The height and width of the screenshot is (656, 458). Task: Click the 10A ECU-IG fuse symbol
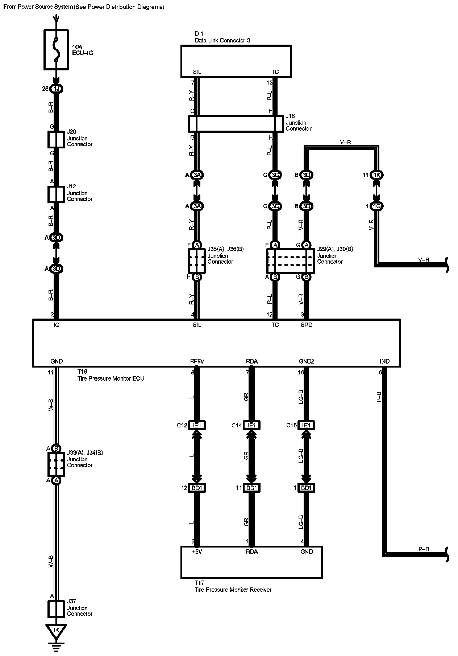point(56,49)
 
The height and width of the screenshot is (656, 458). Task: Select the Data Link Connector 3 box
point(236,61)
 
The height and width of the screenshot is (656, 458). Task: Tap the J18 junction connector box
point(236,124)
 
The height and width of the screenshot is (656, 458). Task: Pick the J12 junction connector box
point(56,194)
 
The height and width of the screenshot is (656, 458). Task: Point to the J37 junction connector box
point(56,609)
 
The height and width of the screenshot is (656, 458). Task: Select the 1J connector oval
point(56,89)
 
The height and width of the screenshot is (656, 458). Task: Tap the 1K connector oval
point(377,175)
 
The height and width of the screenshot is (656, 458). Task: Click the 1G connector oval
point(377,206)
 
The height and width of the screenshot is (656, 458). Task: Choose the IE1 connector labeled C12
point(197,425)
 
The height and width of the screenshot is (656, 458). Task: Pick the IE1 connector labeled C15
point(306,425)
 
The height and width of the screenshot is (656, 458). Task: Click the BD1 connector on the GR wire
point(251,488)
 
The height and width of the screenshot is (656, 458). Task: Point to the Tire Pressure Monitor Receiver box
point(251,562)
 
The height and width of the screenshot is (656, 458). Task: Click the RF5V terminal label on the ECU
point(197,361)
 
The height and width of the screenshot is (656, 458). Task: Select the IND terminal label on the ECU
point(384,361)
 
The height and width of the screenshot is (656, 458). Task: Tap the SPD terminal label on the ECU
point(307,325)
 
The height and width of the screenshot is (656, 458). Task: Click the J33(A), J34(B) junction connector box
point(56,464)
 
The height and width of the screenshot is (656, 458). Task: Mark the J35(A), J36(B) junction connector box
point(197,261)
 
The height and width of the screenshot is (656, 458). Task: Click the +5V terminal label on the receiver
point(197,552)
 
